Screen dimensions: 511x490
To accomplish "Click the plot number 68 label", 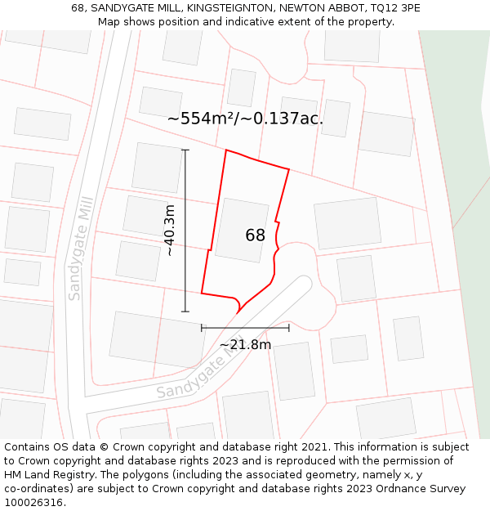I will coord(255,235).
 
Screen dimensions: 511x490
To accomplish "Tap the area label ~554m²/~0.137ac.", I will coord(245,119).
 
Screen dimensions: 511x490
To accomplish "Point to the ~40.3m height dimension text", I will coord(170,231).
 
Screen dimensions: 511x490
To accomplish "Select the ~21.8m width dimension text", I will coord(245,345).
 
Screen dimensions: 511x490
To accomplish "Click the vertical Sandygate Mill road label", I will coord(81,249).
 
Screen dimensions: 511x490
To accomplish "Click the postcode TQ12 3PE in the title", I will coord(394,8).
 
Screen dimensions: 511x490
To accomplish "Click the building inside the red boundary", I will coord(241,230).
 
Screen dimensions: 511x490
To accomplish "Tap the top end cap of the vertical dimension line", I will coord(185,150).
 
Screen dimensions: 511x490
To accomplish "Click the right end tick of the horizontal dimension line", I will coord(289,328).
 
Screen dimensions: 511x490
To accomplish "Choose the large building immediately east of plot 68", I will coord(348,222).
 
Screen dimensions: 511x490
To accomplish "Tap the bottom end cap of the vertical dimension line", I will coord(185,312).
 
